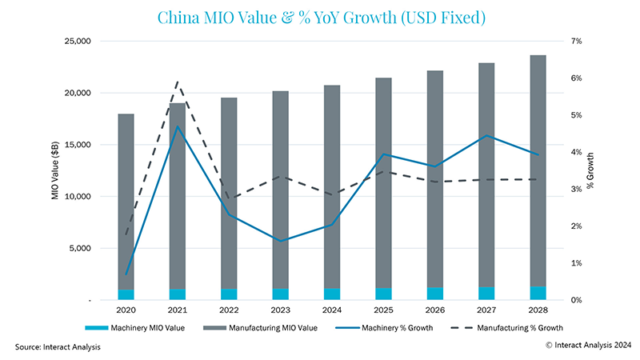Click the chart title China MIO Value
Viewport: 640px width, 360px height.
pos(319,17)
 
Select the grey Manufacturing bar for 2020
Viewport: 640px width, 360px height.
pos(126,200)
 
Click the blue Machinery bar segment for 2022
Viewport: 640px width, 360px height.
pos(229,294)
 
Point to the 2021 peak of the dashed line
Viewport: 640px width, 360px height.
pos(177,82)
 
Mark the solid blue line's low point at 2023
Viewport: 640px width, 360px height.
pos(280,241)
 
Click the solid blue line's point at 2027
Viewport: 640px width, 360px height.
pos(485,135)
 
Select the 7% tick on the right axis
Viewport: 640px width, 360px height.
pos(574,41)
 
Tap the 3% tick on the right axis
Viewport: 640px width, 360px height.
pos(574,189)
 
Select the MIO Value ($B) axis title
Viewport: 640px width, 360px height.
pos(57,170)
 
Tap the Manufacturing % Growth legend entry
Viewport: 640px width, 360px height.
pos(516,327)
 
